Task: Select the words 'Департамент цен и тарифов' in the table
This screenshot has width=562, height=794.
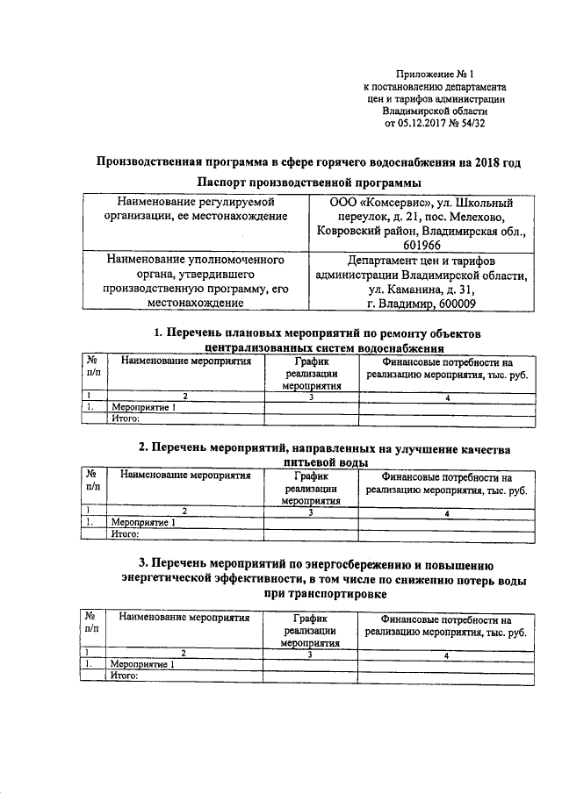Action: [422, 261]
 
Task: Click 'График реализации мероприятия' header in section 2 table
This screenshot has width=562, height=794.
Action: [311, 488]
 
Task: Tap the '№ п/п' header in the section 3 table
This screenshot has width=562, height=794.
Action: [91, 624]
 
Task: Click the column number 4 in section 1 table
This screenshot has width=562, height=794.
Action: [448, 397]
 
